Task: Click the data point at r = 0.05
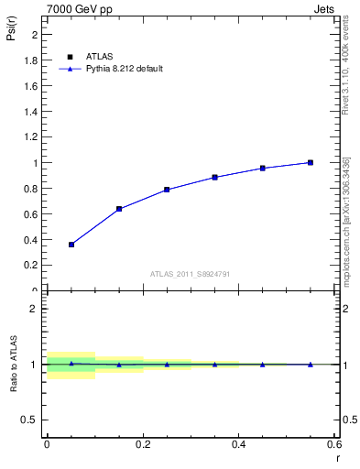[x=71, y=245]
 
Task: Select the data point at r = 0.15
[x=119, y=209]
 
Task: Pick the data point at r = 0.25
[x=167, y=190]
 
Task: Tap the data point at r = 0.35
[x=214, y=177]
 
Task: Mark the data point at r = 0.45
[x=262, y=168]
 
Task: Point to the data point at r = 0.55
[x=311, y=162]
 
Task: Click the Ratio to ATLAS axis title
[x=13, y=365]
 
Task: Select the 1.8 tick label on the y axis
[x=31, y=60]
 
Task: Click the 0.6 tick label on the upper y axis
[x=31, y=214]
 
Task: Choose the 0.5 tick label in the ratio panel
[x=31, y=420]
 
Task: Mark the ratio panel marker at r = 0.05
[x=71, y=364]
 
